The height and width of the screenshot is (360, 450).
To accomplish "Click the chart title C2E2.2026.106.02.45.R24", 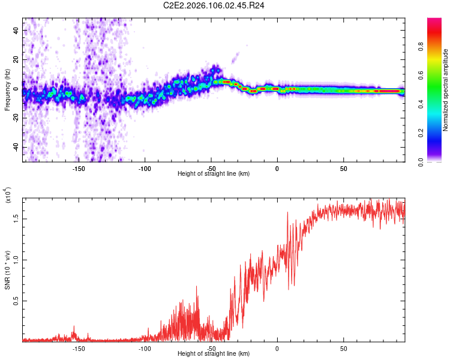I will click(x=223, y=6).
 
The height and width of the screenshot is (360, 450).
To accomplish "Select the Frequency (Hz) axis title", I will click(x=8, y=90).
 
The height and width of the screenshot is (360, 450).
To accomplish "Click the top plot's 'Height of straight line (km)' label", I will click(x=214, y=173).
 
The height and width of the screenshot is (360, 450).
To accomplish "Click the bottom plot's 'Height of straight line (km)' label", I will click(x=214, y=353).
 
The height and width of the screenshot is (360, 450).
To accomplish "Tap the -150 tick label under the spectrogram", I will click(x=78, y=169).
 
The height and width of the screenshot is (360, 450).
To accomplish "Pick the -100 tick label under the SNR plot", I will click(x=145, y=349).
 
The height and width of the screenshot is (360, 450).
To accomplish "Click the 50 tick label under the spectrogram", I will click(x=343, y=169).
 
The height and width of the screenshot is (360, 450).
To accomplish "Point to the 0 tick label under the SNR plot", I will click(x=277, y=349).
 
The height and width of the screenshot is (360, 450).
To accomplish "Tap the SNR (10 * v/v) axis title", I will click(x=8, y=270).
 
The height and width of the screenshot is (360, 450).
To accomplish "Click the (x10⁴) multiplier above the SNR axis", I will click(x=8, y=196).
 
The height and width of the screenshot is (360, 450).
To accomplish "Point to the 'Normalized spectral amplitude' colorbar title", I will click(x=446, y=90).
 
